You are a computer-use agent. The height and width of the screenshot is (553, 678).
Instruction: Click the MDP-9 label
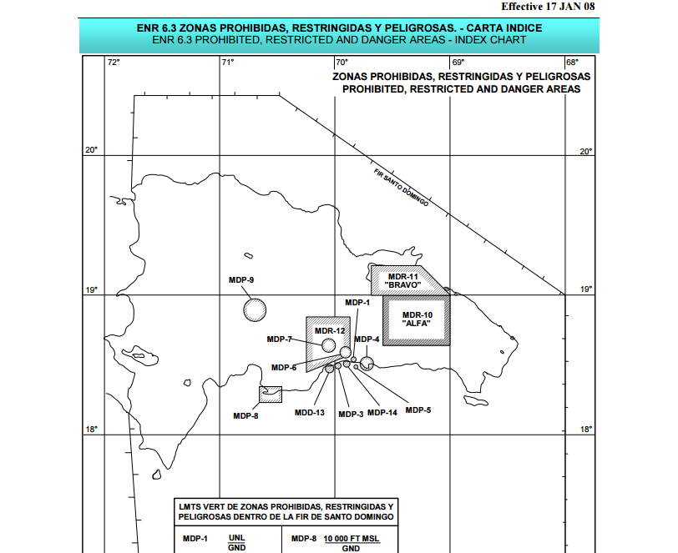pos(241,279)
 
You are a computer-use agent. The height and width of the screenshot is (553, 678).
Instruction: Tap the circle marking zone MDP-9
pos(255,309)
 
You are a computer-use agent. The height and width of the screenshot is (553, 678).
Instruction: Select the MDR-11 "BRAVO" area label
pos(402,280)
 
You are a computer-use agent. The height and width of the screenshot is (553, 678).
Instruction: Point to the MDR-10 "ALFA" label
pos(417,319)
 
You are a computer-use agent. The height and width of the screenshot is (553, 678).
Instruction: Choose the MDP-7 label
pos(279,339)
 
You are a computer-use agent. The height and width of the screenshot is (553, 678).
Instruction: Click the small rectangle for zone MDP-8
pos(271,393)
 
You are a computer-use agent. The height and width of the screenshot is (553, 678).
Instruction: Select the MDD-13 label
pos(309,413)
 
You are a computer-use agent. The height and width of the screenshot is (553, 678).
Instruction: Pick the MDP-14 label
pos(382,413)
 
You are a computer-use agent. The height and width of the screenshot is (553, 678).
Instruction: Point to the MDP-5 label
pos(418,410)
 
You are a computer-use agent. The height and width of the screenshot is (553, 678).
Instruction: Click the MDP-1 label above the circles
pos(357,302)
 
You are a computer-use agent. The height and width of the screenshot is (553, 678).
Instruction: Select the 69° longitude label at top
pos(458,63)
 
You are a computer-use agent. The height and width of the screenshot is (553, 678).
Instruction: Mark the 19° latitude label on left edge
pos(91,290)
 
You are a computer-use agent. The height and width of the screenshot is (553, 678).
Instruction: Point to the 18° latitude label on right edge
pos(585,430)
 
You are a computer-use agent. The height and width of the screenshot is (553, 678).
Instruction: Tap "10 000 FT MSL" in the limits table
pos(352,538)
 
